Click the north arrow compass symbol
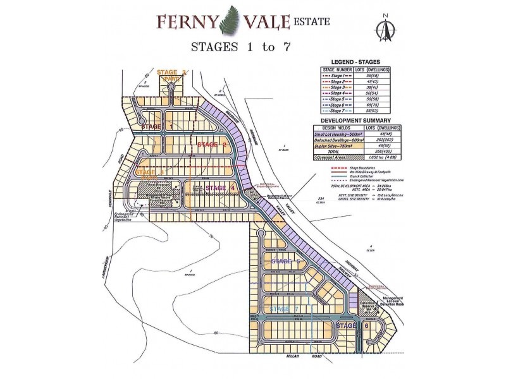click(x=383, y=29)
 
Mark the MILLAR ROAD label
click(x=297, y=358)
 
